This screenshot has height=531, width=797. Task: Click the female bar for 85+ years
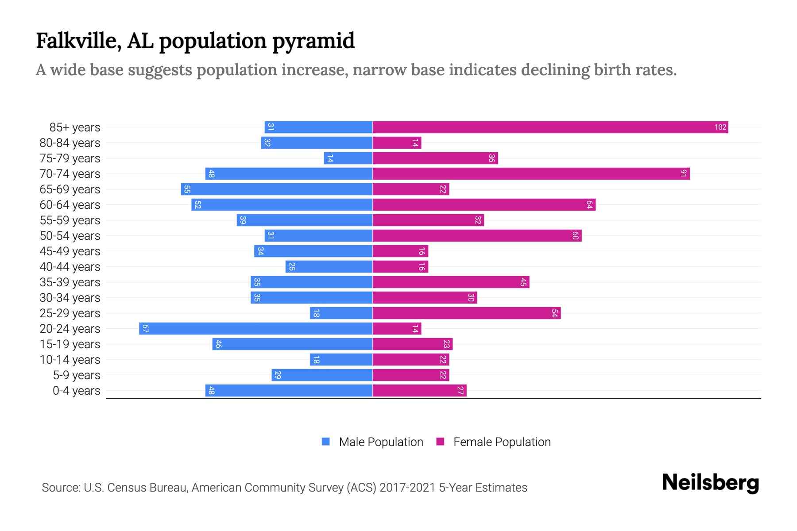tap(550, 127)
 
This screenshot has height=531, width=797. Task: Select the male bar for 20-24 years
tap(255, 329)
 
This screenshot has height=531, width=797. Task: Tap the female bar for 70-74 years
tap(531, 174)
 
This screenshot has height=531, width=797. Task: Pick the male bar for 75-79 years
tap(348, 158)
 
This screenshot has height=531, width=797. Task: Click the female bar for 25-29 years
tap(466, 313)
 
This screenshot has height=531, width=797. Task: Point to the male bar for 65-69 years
tap(277, 189)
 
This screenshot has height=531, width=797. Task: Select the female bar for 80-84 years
tap(397, 143)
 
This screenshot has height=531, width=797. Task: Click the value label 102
tap(720, 127)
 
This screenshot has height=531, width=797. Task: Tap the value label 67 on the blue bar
tap(145, 329)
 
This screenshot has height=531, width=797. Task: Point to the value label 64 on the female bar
tap(589, 205)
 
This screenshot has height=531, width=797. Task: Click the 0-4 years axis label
tap(76, 391)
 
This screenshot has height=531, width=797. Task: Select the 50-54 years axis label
tap(70, 236)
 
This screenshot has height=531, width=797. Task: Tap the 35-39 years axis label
tap(70, 282)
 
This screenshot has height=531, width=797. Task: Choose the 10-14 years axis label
tap(70, 360)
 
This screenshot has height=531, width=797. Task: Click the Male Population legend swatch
tap(326, 442)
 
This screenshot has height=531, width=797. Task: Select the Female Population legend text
tap(502, 442)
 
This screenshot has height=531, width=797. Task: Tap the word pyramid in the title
tap(313, 41)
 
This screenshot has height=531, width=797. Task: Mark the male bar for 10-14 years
tap(341, 360)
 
